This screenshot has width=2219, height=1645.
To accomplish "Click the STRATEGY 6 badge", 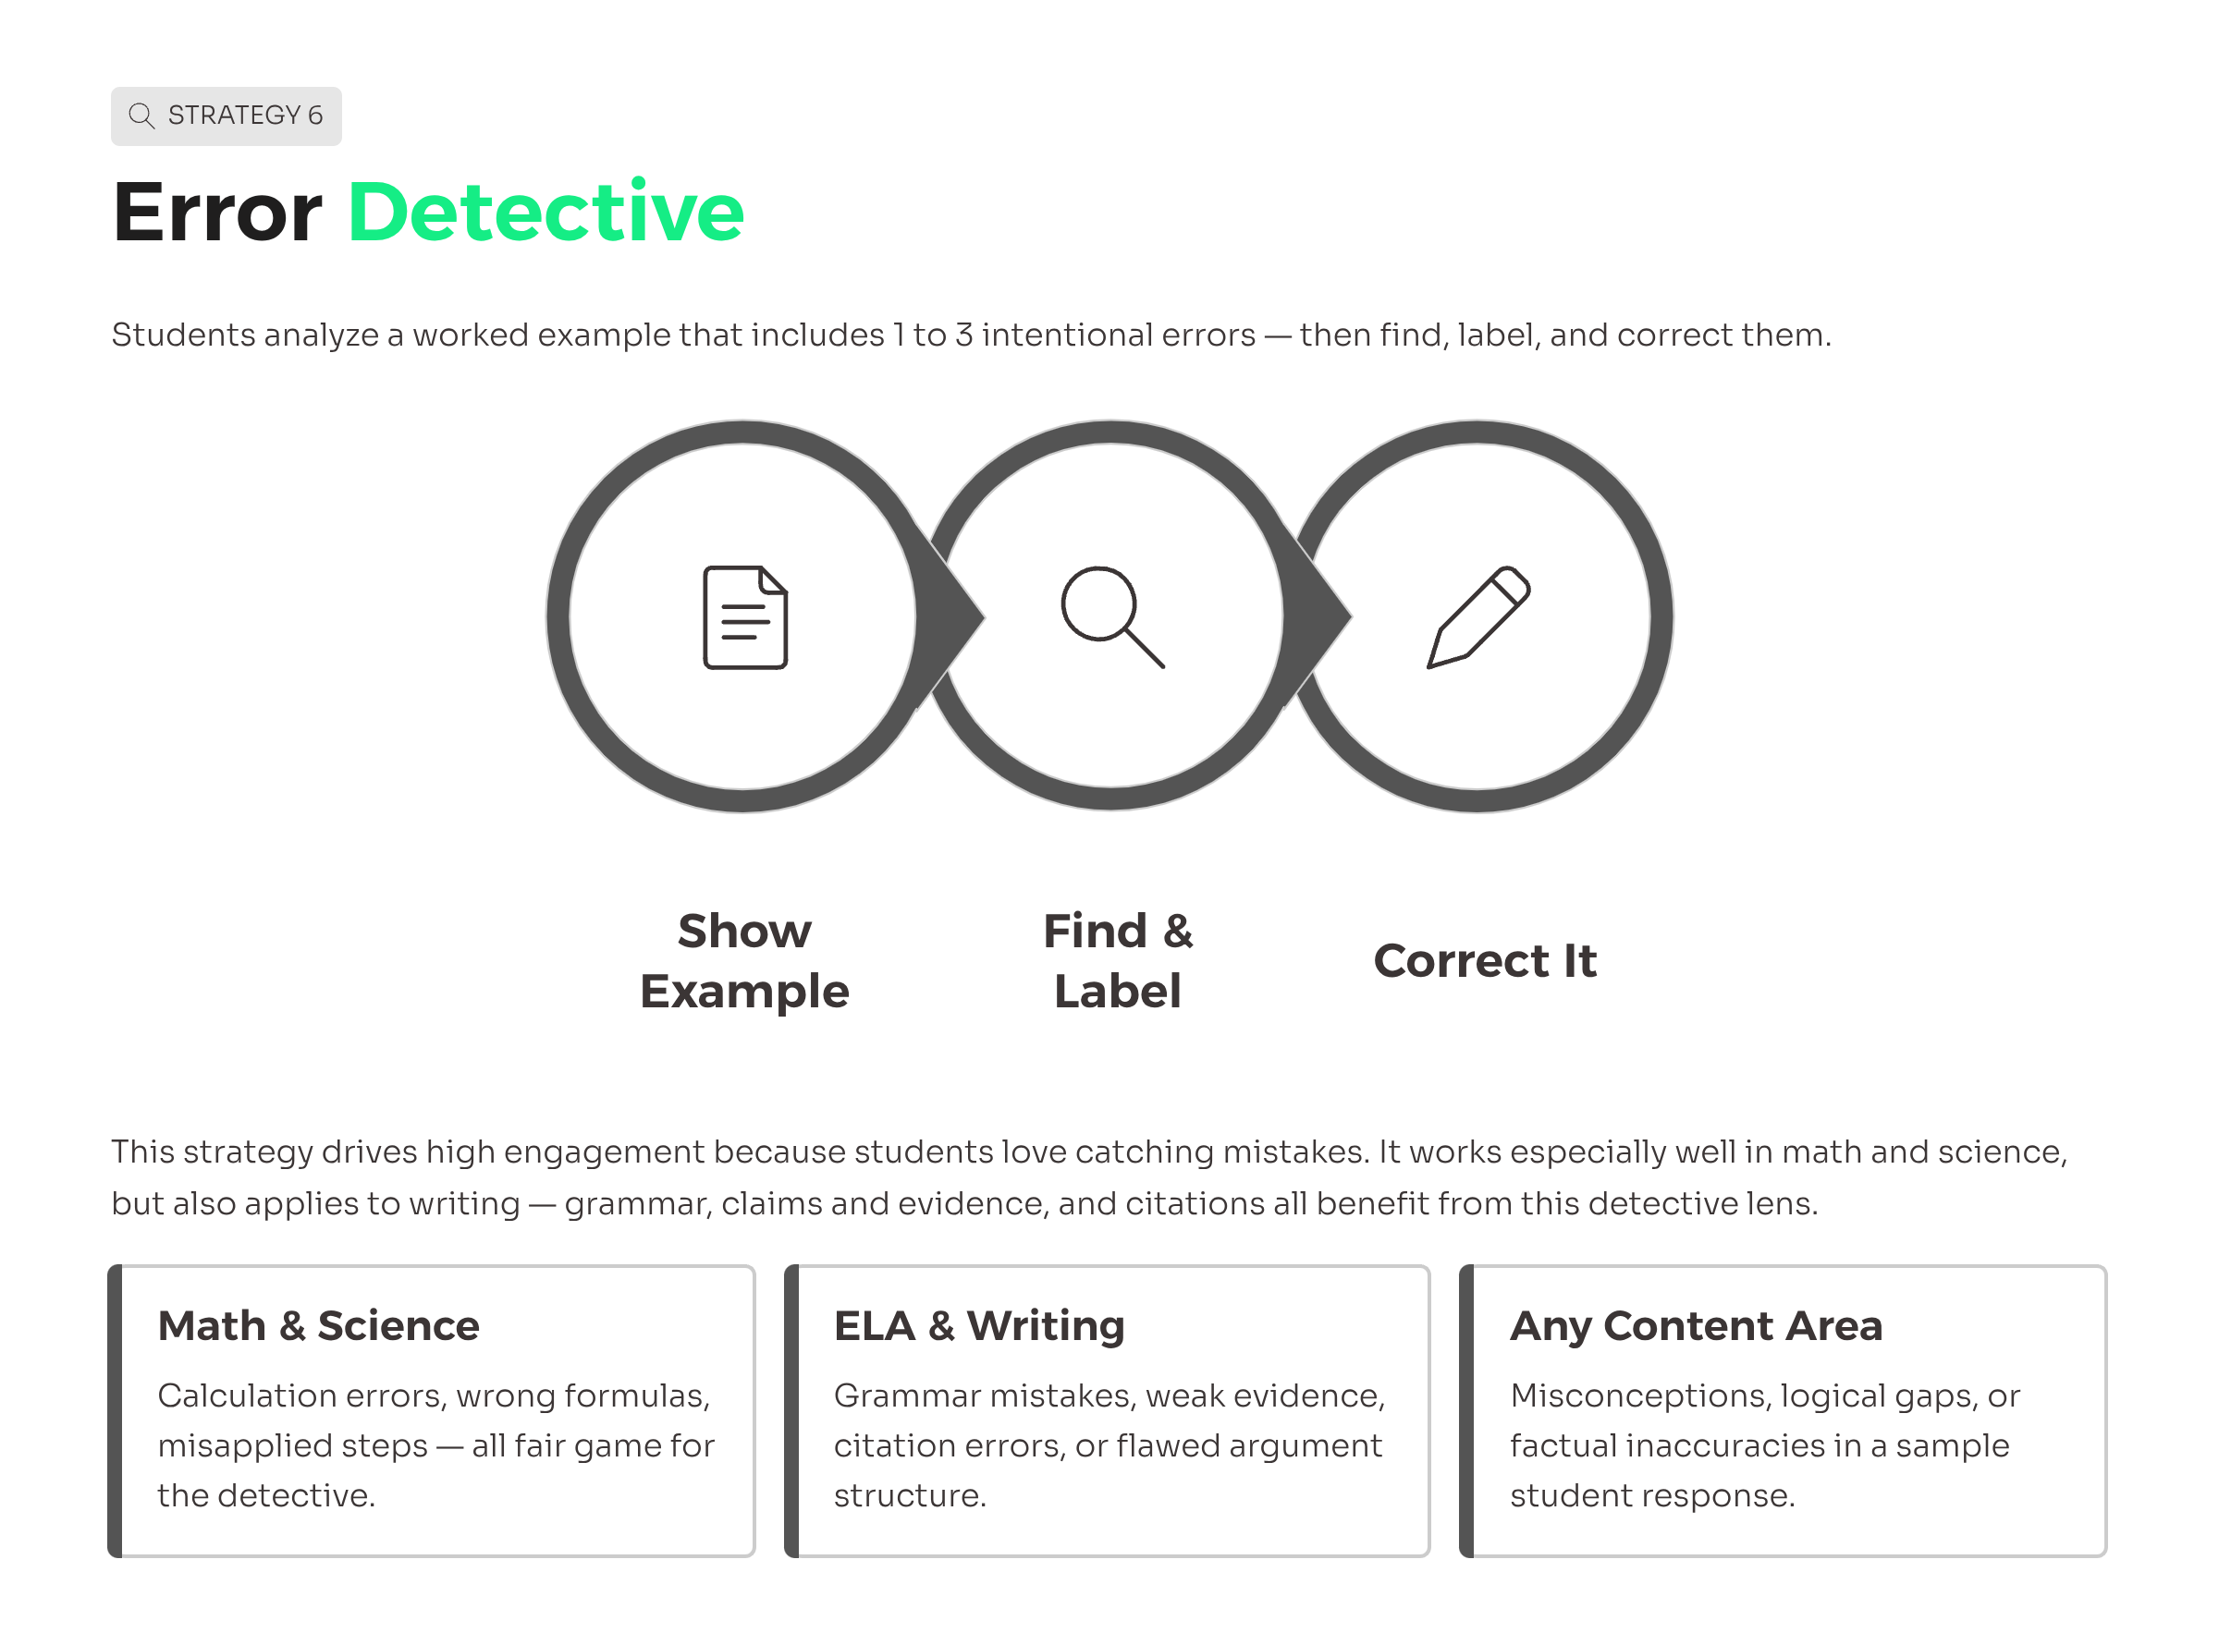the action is point(227,116).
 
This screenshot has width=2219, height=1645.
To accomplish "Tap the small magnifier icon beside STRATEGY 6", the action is point(141,116).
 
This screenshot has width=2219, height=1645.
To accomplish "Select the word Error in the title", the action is point(217,213).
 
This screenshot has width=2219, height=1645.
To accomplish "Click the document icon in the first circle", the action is point(745,617).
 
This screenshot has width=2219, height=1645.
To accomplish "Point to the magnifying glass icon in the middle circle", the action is point(1112,617).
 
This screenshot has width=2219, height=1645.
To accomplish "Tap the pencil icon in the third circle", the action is point(1478,617).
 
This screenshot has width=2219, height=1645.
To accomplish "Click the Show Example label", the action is point(744,961).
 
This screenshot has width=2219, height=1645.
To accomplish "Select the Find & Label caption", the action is point(1118,961).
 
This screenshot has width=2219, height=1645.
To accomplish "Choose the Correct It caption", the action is point(1484,961).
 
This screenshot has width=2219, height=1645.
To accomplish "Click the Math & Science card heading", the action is point(319,1325).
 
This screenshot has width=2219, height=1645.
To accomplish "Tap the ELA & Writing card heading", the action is point(979,1326).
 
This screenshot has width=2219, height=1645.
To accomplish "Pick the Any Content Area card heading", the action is point(1696,1326).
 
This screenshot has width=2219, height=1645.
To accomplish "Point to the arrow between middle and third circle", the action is point(1318,617).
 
